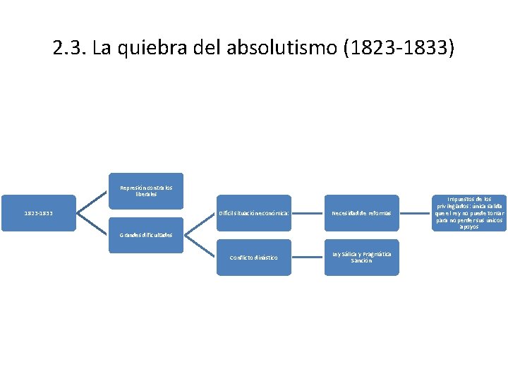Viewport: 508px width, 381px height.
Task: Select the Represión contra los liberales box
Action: [146, 190]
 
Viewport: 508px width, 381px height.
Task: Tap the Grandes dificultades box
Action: [146, 235]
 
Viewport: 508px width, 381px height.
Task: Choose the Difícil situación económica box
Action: [253, 213]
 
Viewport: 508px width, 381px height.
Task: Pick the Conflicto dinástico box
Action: [253, 257]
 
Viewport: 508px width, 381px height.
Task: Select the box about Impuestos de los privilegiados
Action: [469, 213]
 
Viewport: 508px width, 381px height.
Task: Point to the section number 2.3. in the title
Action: [66, 49]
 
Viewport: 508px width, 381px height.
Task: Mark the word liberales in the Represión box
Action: [146, 194]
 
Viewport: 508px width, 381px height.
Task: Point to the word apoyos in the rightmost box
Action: [469, 227]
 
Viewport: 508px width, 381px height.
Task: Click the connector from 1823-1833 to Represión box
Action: [92, 201]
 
